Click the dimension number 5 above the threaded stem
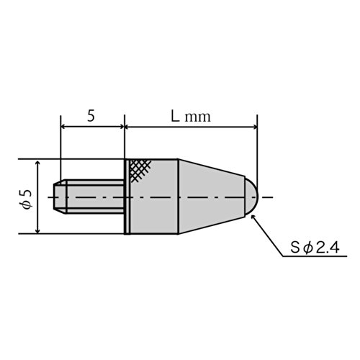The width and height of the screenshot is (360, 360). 91,116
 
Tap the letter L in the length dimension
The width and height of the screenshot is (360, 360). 175,116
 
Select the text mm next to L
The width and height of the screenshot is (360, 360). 198,117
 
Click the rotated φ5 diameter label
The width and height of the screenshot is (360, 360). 27,199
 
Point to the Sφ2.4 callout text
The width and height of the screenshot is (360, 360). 315,248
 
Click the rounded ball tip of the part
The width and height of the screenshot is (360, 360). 251,197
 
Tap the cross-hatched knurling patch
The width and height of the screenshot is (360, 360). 140,170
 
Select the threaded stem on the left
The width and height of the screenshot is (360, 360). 89,197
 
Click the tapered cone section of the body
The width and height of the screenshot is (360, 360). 212,197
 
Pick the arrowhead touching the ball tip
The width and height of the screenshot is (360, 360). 253,217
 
